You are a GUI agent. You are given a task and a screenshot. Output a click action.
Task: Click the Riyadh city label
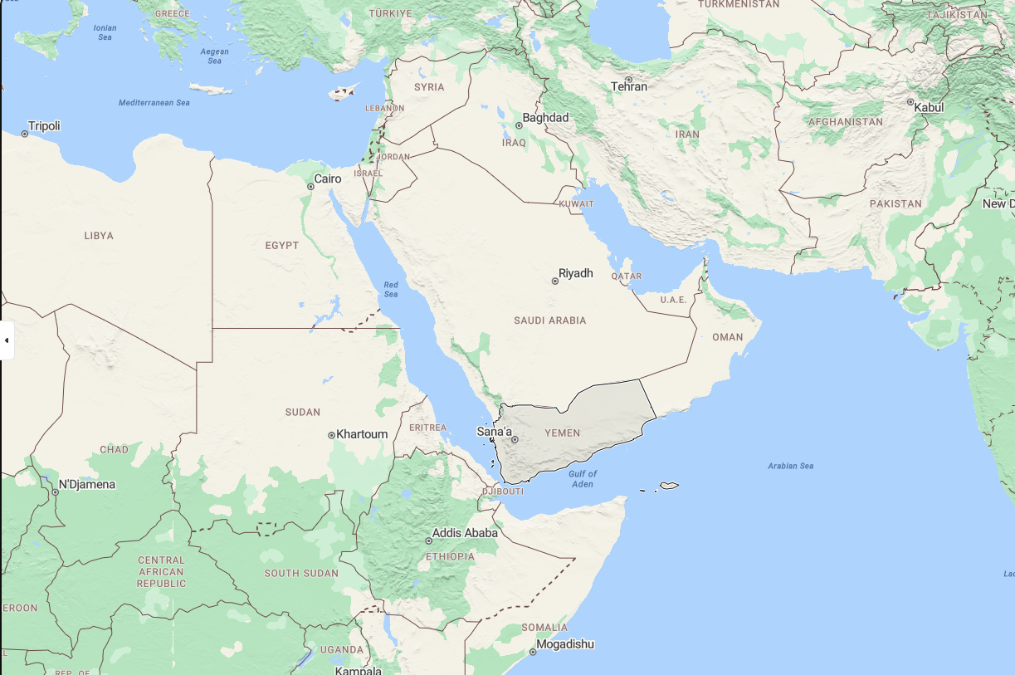(576, 273)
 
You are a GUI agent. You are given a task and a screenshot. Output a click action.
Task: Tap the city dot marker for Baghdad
(520, 125)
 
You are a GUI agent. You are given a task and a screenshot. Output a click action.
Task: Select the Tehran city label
(628, 86)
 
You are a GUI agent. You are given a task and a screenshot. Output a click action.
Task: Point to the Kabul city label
(929, 107)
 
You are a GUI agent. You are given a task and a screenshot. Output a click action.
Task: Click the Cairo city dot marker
(310, 187)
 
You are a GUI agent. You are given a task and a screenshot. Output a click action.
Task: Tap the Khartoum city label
(362, 434)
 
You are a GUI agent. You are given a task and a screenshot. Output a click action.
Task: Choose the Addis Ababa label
(465, 533)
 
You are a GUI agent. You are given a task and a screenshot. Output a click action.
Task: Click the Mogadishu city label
(564, 644)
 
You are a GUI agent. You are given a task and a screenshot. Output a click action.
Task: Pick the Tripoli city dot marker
(25, 134)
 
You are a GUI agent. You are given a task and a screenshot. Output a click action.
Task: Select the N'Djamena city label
(86, 484)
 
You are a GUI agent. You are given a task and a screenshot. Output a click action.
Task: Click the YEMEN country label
(562, 433)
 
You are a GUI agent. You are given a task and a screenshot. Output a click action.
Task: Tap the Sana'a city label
(494, 432)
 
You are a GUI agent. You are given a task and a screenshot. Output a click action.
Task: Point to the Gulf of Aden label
(583, 479)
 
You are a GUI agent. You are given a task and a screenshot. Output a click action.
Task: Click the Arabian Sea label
(790, 466)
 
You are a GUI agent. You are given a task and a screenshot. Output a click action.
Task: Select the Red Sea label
(391, 290)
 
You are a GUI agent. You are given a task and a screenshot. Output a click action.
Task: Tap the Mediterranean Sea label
(154, 103)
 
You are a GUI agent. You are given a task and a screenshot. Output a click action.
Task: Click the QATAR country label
(626, 276)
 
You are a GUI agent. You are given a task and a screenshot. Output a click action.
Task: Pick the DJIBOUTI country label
(504, 492)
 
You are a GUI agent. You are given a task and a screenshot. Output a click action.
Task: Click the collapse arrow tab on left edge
(7, 340)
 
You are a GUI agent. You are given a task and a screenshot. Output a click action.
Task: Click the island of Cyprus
(341, 93)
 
